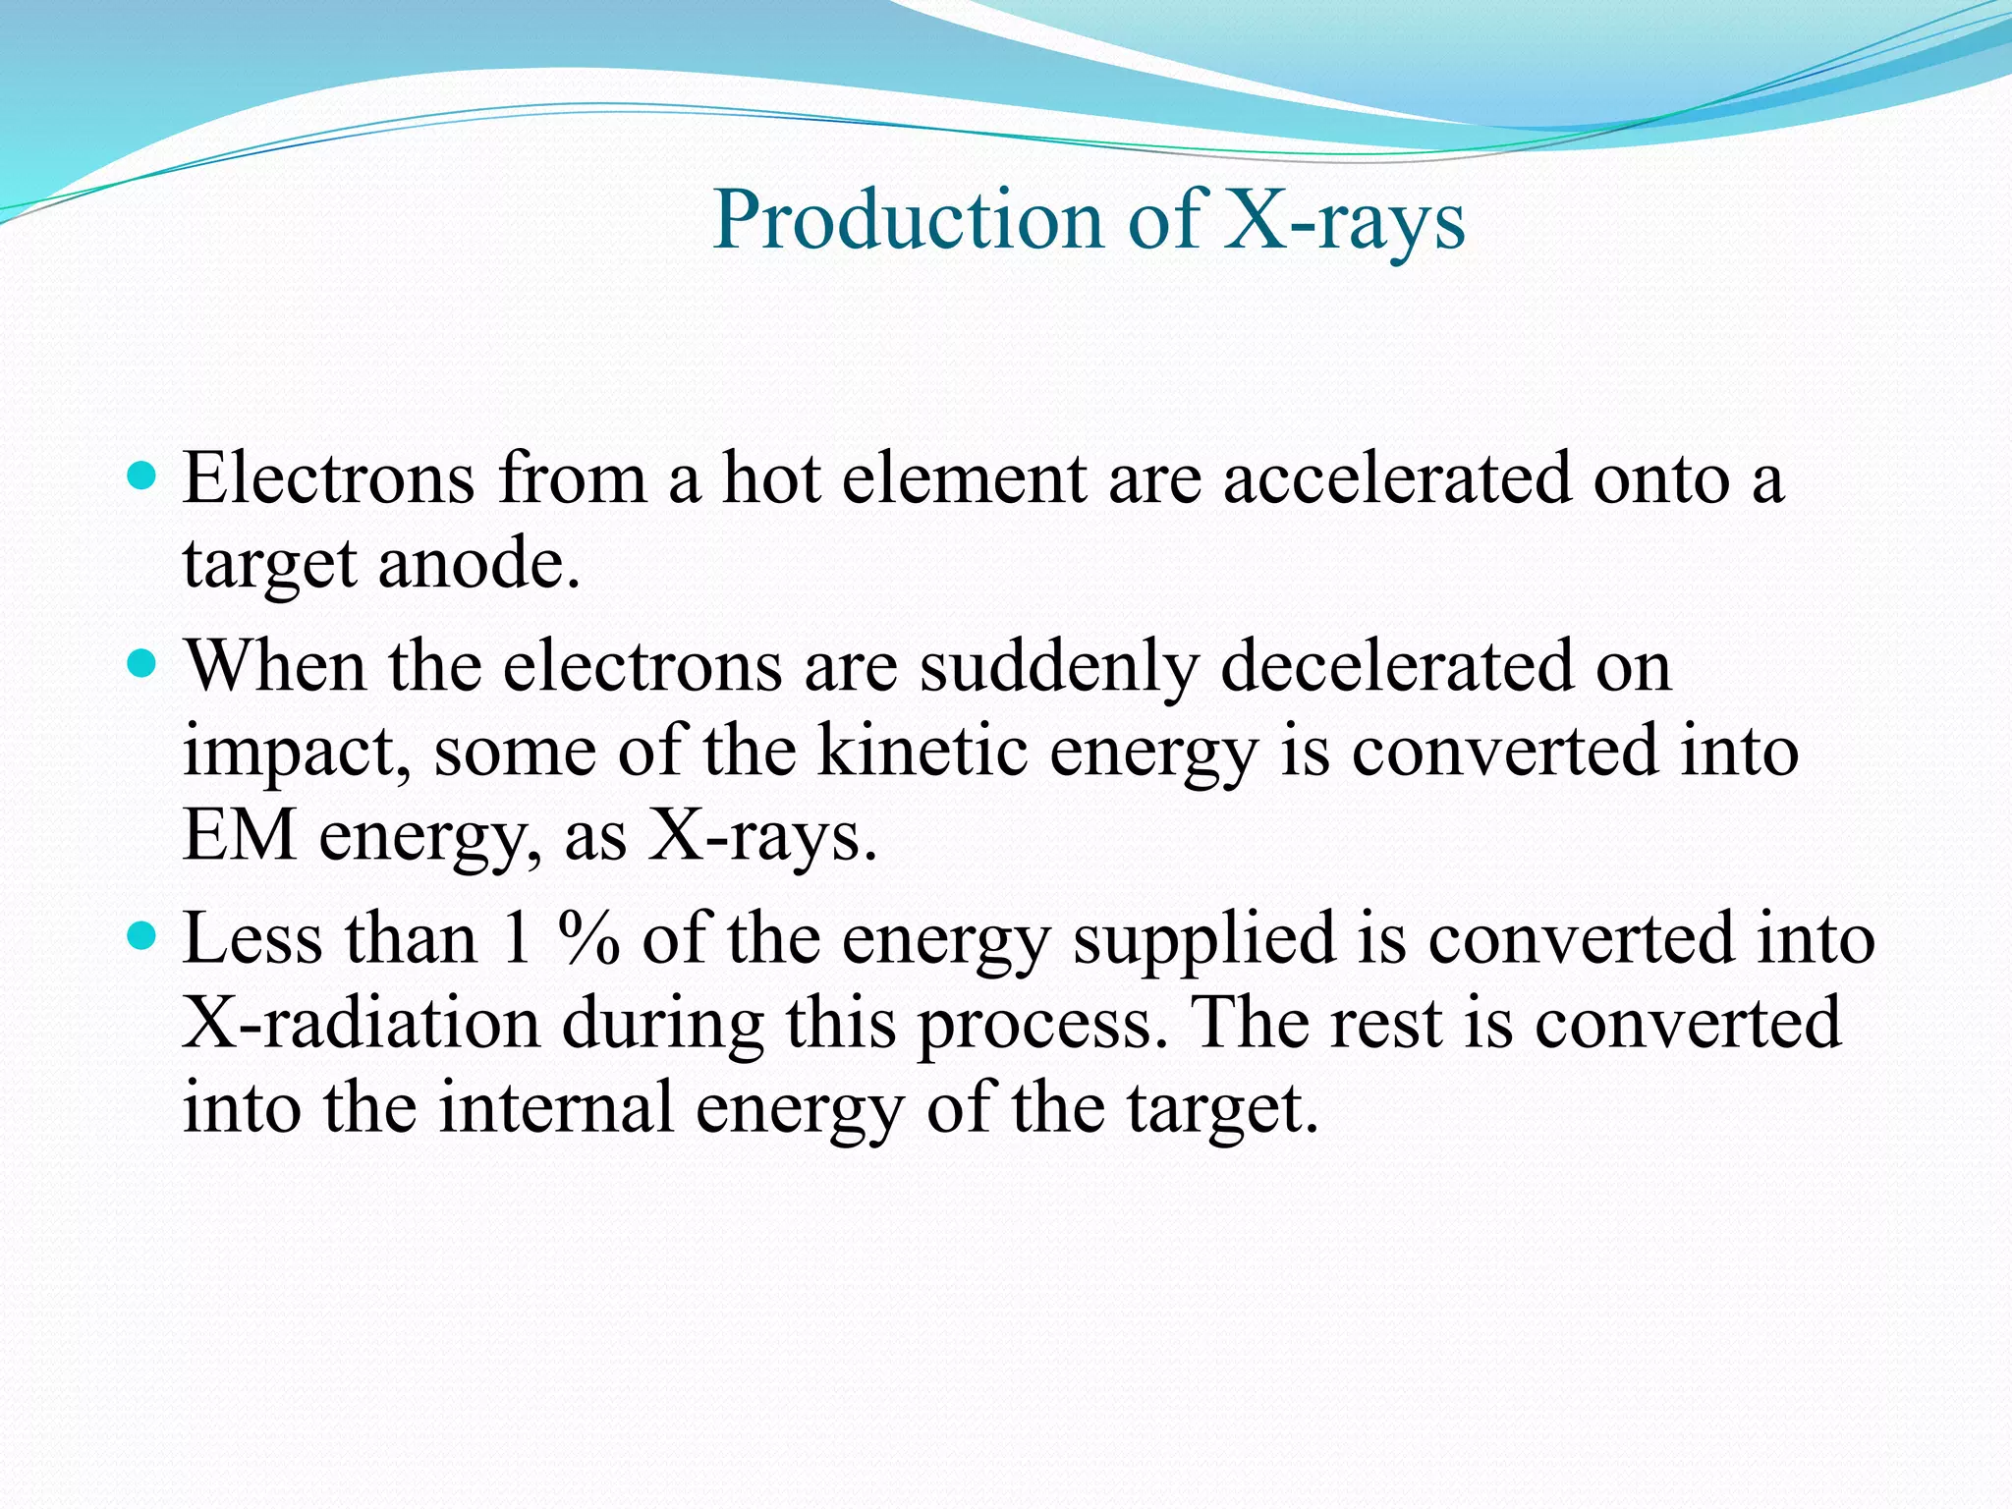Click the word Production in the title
pyautogui.click(x=909, y=220)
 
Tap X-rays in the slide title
pyautogui.click(x=1345, y=220)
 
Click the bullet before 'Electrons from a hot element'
pyautogui.click(x=142, y=476)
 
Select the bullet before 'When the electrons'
pyautogui.click(x=142, y=665)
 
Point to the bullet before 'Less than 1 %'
pyautogui.click(x=142, y=936)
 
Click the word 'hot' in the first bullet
pyautogui.click(x=771, y=478)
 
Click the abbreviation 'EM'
pyautogui.click(x=240, y=836)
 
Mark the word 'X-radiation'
pyautogui.click(x=362, y=1023)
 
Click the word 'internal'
pyautogui.click(x=556, y=1107)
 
